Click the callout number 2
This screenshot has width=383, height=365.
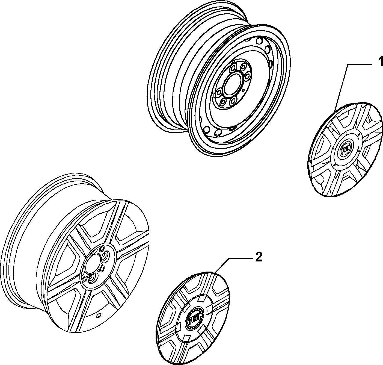(258, 257)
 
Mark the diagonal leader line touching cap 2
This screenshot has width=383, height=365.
(221, 265)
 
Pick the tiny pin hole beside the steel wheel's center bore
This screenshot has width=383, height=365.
(243, 90)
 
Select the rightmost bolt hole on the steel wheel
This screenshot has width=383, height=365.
(247, 76)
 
